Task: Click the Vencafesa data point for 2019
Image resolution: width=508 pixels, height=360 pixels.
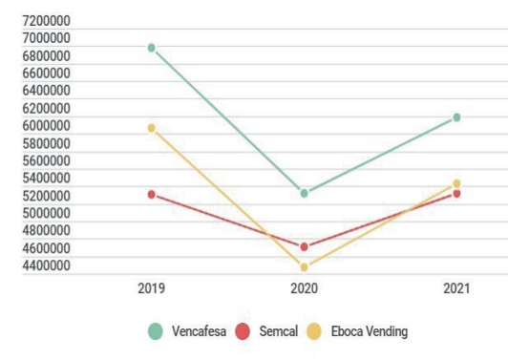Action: coord(151,48)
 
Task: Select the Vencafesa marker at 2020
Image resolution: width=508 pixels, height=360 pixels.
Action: coord(304,193)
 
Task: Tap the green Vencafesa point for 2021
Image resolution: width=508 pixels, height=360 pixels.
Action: coord(456,117)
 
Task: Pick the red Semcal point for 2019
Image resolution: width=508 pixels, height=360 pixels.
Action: coord(151,194)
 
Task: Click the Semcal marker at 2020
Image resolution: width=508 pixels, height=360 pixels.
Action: coord(304,246)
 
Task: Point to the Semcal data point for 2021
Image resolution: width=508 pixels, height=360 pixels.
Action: coord(456,194)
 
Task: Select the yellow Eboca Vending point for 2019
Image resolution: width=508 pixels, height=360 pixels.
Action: coord(151,128)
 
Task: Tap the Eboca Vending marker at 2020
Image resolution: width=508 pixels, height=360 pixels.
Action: coord(304,267)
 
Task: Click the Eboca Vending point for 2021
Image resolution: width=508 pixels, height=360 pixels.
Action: coord(456,183)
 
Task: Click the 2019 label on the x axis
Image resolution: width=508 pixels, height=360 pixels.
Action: coord(151,287)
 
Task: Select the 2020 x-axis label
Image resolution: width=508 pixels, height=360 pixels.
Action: coord(304,287)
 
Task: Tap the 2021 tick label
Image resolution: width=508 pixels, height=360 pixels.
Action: coord(456,287)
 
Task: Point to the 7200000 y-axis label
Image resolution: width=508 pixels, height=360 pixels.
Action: coord(47,21)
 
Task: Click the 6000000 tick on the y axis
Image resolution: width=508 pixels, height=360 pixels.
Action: coord(47,126)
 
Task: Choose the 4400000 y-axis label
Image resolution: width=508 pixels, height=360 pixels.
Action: coord(47,265)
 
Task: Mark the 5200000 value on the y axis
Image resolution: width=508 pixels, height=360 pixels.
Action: coord(47,196)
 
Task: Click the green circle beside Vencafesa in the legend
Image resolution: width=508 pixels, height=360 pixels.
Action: coord(156,331)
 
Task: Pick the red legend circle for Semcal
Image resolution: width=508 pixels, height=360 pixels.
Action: coord(243,331)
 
